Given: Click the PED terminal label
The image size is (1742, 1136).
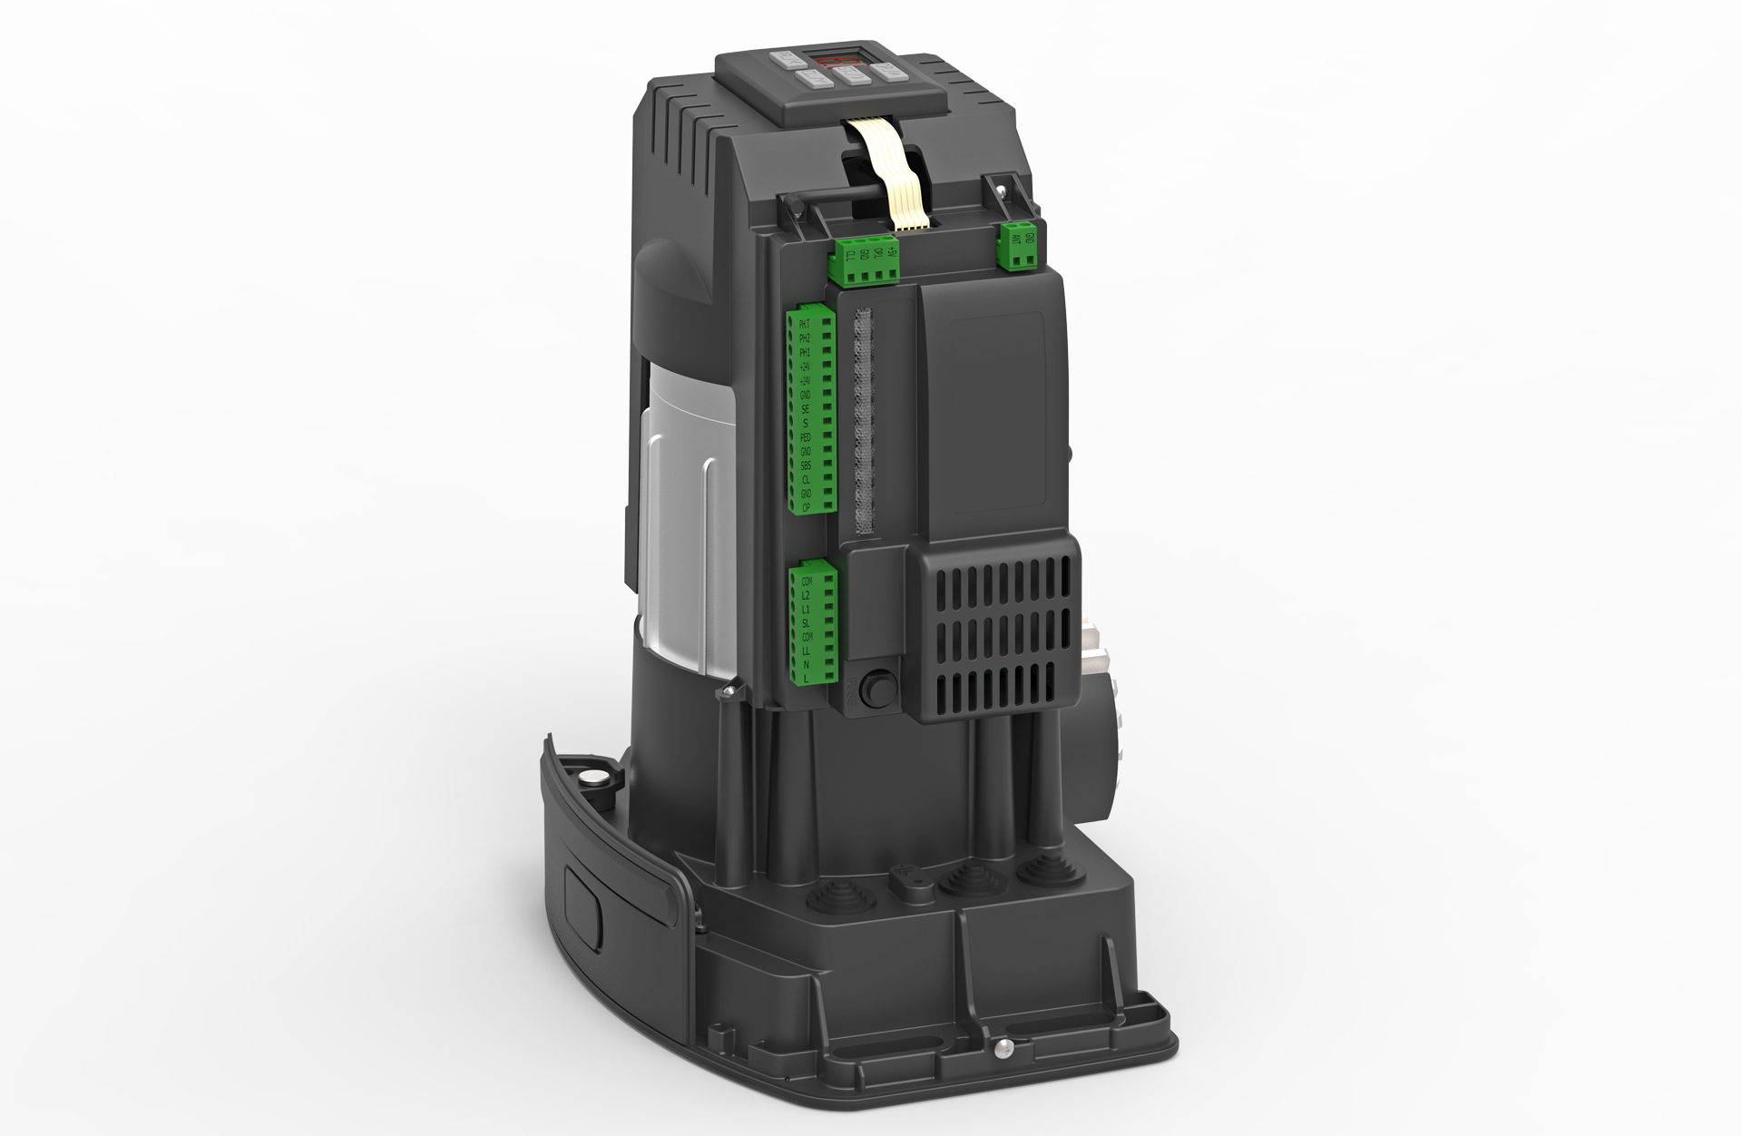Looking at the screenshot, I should tap(806, 437).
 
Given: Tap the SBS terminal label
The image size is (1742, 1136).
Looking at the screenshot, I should tap(806, 465).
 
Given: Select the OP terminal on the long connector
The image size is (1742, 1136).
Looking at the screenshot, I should tap(806, 508).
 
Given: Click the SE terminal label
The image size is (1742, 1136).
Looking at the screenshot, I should tap(806, 409).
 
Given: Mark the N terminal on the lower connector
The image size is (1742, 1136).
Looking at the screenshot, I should tap(806, 664).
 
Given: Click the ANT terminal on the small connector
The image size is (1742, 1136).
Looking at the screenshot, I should tap(1016, 240).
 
